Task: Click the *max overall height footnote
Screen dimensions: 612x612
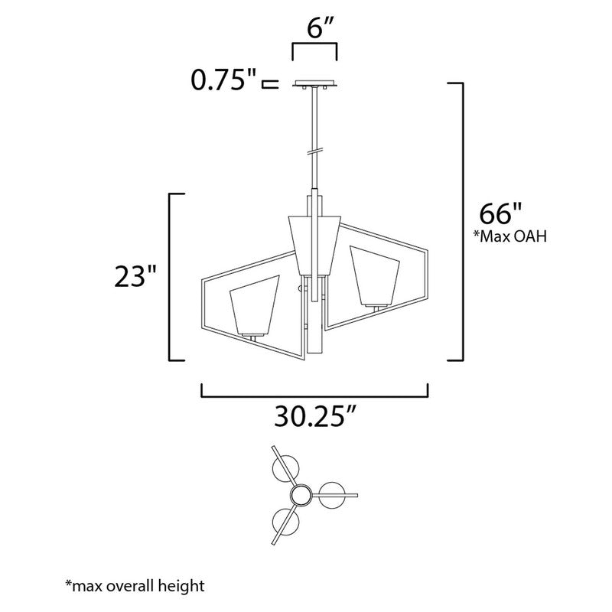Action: [x=135, y=587]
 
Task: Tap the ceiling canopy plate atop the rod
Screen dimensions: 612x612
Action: [x=314, y=85]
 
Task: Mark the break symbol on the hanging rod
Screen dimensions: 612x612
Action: [x=314, y=150]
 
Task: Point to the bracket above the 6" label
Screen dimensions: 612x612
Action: [x=314, y=47]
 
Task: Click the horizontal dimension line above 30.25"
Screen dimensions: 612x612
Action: [x=314, y=396]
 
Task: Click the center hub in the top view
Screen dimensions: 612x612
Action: [x=301, y=496]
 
